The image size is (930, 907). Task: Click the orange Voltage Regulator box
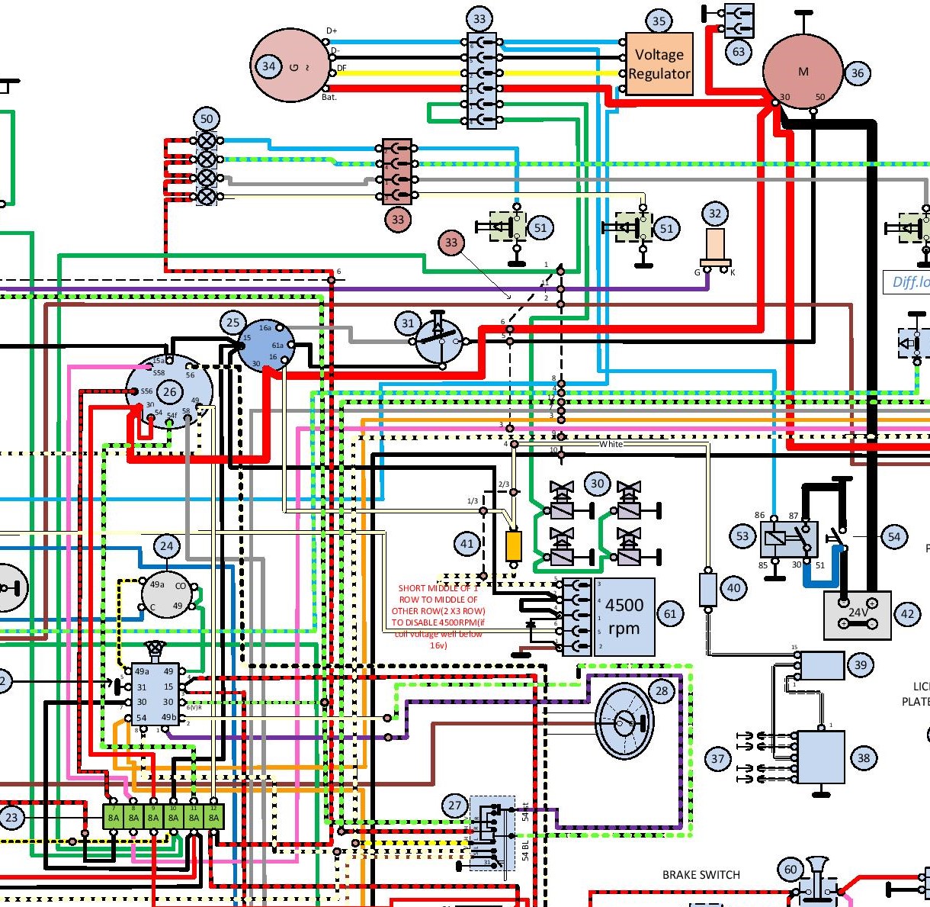659,64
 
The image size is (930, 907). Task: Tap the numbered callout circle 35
659,21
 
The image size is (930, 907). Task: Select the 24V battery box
858,614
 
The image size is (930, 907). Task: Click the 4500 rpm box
624,616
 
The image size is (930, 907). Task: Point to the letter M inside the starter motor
803,72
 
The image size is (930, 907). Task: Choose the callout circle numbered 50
207,119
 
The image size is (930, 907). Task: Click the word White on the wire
611,444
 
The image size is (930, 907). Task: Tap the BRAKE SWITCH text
701,874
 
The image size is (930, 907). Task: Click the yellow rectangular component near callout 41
514,545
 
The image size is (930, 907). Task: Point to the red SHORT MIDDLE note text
438,616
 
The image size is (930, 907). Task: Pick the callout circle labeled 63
739,52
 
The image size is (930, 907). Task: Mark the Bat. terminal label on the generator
329,98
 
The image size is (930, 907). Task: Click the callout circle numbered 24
167,546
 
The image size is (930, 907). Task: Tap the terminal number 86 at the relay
759,516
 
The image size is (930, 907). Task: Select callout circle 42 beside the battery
907,614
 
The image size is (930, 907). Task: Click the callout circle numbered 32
714,214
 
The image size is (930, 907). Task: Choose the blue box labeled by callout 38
820,757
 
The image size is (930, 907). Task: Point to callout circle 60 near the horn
790,870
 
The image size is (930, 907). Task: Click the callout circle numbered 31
408,323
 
